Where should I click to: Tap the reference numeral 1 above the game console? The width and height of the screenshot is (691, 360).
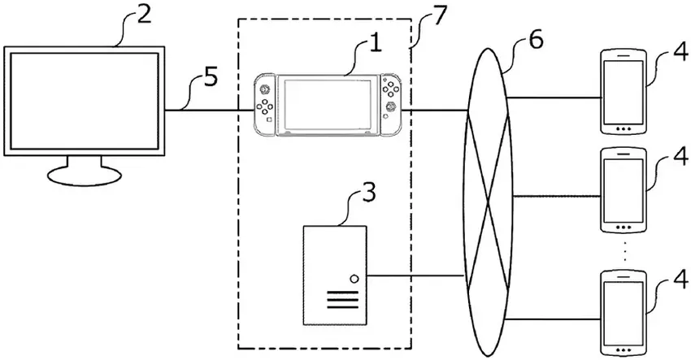pos(374,43)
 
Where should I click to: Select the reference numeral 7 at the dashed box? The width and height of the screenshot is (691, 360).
pos(439,17)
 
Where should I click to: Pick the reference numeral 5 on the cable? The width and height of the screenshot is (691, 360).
pos(211,80)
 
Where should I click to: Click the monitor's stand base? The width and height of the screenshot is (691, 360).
pos(84,175)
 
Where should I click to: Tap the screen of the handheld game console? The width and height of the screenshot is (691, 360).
pos(324,104)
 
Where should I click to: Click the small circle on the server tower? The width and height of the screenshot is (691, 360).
pos(354,280)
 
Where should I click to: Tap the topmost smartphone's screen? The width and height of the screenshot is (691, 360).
pos(624,91)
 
